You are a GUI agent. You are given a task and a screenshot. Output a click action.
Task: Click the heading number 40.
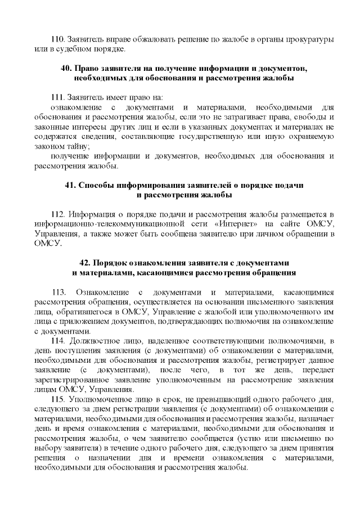[66, 69]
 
